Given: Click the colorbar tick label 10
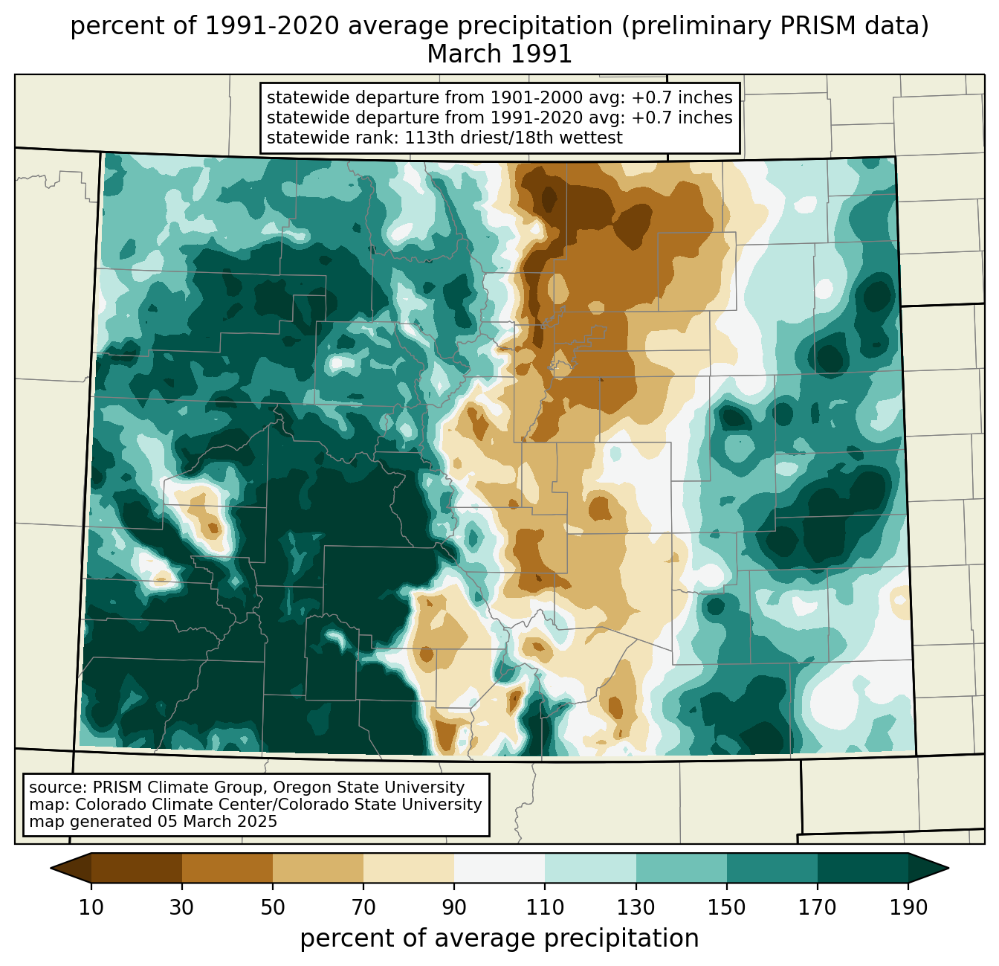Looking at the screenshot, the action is (91, 907).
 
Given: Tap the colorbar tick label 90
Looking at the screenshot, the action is (454, 907).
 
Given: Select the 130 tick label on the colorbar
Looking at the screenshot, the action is (636, 907).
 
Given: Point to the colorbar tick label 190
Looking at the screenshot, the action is (908, 907).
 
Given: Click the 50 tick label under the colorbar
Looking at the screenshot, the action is (273, 907).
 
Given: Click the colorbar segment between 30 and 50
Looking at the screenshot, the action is (227, 868).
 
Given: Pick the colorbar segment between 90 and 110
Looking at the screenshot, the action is (499, 868).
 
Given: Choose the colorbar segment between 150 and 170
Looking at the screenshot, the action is (772, 868).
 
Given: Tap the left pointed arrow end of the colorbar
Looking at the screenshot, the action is (51, 868).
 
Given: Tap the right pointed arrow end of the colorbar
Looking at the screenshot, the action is (948, 868).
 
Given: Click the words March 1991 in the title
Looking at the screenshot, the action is (499, 54).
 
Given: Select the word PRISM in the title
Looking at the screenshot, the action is (810, 26).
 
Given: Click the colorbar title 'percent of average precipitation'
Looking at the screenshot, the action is (499, 938).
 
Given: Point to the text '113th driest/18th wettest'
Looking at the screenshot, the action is (514, 138).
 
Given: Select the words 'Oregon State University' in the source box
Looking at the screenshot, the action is (369, 788).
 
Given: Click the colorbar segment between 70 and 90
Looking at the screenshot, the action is (409, 868).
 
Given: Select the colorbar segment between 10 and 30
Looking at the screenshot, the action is (137, 868).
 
